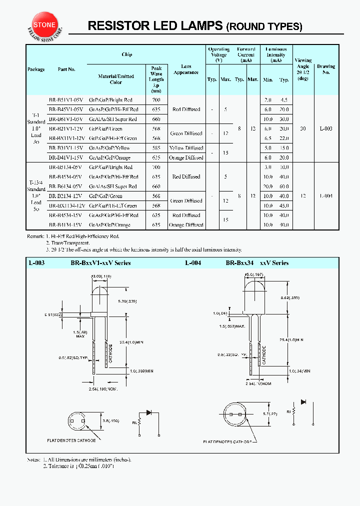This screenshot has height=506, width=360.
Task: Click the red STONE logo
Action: point(45,24)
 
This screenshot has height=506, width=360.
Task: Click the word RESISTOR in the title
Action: point(113,26)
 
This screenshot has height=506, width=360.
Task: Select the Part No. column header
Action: point(66,69)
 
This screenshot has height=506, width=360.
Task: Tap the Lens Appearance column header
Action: point(186,69)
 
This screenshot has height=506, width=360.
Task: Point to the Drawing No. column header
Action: point(326,69)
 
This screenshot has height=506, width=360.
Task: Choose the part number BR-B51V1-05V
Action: point(66,100)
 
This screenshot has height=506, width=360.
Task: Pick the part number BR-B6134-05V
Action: point(66,186)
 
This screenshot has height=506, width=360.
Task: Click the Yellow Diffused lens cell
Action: point(186,148)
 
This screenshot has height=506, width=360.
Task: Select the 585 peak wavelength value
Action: point(156,148)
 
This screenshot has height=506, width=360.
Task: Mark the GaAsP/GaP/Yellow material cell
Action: point(109,148)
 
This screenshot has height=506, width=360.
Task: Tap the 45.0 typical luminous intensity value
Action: point(284,205)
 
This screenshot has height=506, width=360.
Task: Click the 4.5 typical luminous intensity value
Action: point(284,100)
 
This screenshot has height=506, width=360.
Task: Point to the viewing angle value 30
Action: point(303,129)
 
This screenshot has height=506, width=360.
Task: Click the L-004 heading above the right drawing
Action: point(193,263)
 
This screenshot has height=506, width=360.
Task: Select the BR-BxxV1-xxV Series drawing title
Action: point(100,263)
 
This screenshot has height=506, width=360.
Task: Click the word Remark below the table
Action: point(35,235)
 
